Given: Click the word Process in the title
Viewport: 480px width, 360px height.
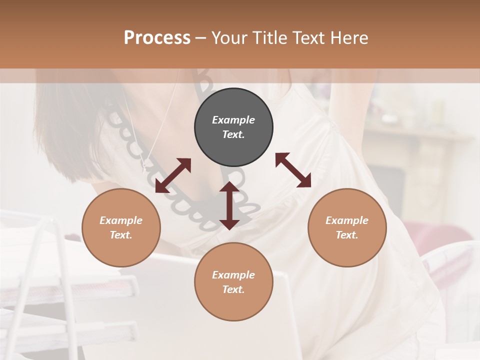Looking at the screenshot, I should pyautogui.click(x=157, y=38).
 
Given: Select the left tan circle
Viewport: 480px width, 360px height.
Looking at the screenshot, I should pyautogui.click(x=121, y=227).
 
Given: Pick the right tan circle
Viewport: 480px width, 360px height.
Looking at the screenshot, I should pyautogui.click(x=347, y=227).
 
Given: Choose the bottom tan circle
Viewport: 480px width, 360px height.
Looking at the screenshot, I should pyautogui.click(x=233, y=281).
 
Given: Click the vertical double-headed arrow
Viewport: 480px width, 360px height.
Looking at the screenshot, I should pyautogui.click(x=229, y=205).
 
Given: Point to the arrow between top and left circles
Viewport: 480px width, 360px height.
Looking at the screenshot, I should pyautogui.click(x=173, y=175).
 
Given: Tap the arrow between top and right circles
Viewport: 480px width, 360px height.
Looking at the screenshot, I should pyautogui.click(x=293, y=170).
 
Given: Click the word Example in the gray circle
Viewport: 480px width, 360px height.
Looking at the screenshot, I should pyautogui.click(x=233, y=120).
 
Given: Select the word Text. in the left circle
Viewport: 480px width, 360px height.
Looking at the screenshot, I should pyautogui.click(x=121, y=235).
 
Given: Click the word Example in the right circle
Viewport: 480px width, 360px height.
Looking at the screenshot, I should pyautogui.click(x=347, y=220).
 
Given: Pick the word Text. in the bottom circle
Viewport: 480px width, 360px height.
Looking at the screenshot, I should pyautogui.click(x=233, y=289).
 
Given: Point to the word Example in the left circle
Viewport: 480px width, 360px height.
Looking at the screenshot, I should pyautogui.click(x=121, y=220).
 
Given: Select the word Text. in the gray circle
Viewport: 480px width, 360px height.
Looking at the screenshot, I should pyautogui.click(x=233, y=134).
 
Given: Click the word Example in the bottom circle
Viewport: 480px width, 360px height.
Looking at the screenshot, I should pyautogui.click(x=233, y=275).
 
